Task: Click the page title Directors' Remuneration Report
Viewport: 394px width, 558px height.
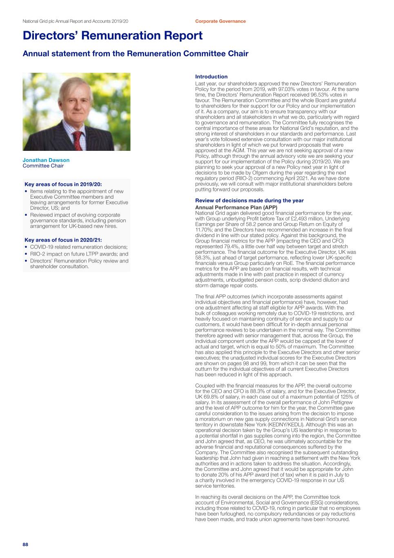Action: coord(112,36)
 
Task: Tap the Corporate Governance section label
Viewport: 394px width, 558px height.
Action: coord(220,21)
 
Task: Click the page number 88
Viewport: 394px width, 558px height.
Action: coord(25,544)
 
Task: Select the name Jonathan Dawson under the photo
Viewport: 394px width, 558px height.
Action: coord(46,160)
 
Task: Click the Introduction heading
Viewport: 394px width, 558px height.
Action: coord(211,77)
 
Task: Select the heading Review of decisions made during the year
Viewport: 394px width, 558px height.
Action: coord(249,200)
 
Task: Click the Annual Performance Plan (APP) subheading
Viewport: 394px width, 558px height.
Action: coord(236,208)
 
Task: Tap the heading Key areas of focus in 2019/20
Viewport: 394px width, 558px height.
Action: coord(63,184)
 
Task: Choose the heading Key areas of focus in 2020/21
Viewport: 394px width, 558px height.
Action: coord(63,240)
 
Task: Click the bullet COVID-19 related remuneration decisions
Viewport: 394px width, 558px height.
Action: coord(79,247)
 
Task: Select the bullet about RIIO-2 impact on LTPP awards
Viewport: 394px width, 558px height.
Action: coord(79,254)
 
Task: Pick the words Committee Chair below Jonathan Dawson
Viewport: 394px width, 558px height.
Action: coord(43,166)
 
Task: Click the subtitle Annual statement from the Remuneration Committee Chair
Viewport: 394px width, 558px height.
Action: coord(135,54)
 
